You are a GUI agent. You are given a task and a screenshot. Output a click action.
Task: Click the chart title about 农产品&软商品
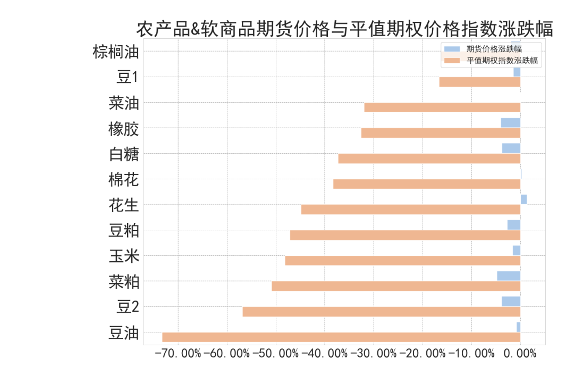pyautogui.click(x=344, y=29)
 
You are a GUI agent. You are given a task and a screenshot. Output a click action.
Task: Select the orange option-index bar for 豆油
pyautogui.click(x=341, y=337)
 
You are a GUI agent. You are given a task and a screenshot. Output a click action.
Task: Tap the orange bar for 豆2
pyautogui.click(x=381, y=312)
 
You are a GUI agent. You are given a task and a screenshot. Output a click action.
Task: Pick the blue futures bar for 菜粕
pyautogui.click(x=509, y=276)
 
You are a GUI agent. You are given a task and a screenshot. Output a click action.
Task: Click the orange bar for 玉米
pyautogui.click(x=402, y=261)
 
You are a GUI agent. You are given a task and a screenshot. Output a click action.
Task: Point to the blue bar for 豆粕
pyautogui.click(x=513, y=224)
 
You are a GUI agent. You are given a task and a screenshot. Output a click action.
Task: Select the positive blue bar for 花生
pyautogui.click(x=524, y=199)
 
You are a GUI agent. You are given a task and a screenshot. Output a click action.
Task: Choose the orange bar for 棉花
pyautogui.click(x=426, y=184)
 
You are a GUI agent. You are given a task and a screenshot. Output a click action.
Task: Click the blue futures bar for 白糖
pyautogui.click(x=511, y=148)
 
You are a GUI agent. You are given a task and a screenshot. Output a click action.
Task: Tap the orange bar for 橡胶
pyautogui.click(x=441, y=133)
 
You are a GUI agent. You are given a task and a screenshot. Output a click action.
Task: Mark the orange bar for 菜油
pyautogui.click(x=442, y=107)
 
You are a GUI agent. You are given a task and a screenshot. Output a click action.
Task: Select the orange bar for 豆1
pyautogui.click(x=479, y=82)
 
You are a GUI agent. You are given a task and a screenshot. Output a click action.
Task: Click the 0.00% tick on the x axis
pyautogui.click(x=520, y=353)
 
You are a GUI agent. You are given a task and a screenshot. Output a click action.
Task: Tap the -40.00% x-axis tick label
pyautogui.click(x=325, y=353)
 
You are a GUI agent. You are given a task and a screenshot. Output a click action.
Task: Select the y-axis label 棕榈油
pyautogui.click(x=115, y=52)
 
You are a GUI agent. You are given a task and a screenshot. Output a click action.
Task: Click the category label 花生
pyautogui.click(x=123, y=205)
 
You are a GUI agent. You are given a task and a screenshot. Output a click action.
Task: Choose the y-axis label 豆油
pyautogui.click(x=123, y=333)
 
